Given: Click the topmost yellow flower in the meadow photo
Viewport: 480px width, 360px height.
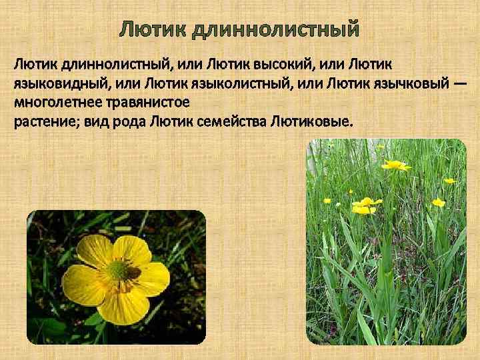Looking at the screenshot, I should click(395, 165).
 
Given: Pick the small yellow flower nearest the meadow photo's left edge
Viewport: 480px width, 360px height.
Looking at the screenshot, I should click(327, 200).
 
